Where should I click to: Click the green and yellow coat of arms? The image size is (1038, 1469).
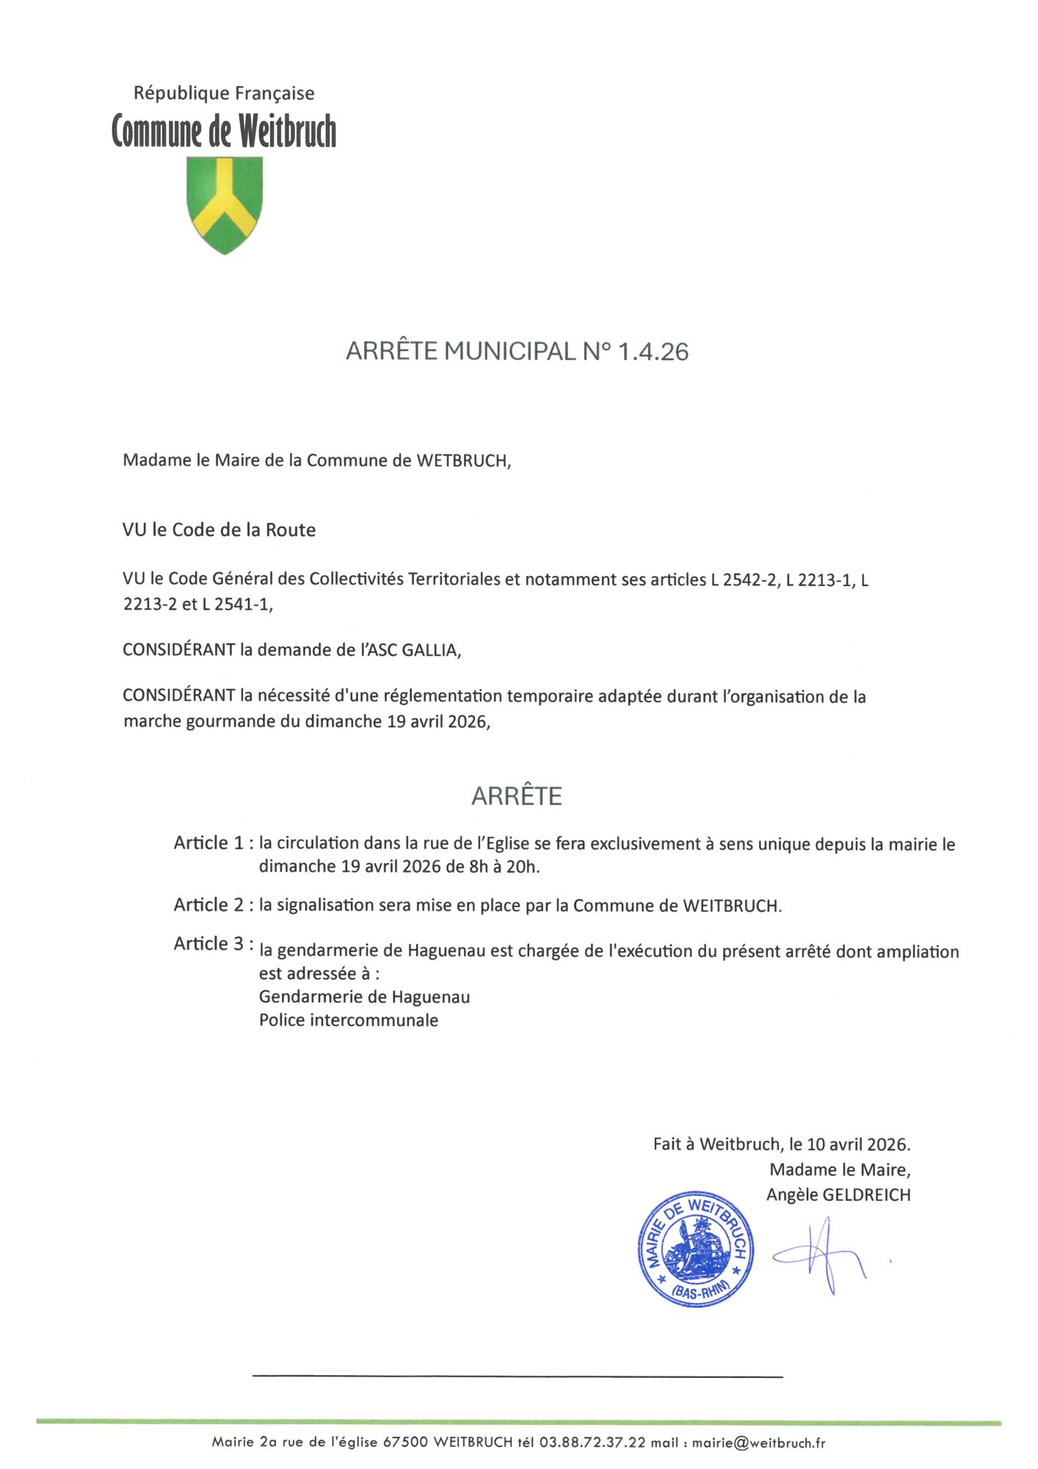point(225,205)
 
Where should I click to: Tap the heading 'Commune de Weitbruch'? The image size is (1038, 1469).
point(224,131)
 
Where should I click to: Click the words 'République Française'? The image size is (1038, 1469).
point(224,93)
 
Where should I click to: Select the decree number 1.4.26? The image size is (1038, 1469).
point(653,351)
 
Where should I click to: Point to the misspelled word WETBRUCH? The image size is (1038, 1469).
point(462,461)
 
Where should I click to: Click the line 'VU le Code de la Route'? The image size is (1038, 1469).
point(219,530)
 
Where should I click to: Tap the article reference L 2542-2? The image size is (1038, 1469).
point(743,580)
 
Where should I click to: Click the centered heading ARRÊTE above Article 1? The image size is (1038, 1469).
point(517,796)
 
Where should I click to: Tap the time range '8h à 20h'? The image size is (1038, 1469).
point(504,867)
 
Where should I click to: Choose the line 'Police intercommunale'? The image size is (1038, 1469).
point(349,1020)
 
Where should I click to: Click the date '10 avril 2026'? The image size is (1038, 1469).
point(857,1144)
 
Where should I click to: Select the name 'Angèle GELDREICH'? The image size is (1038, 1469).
point(838,1195)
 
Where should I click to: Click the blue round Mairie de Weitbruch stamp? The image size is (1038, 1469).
point(695,1249)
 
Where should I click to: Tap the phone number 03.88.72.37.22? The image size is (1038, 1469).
point(592,1443)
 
